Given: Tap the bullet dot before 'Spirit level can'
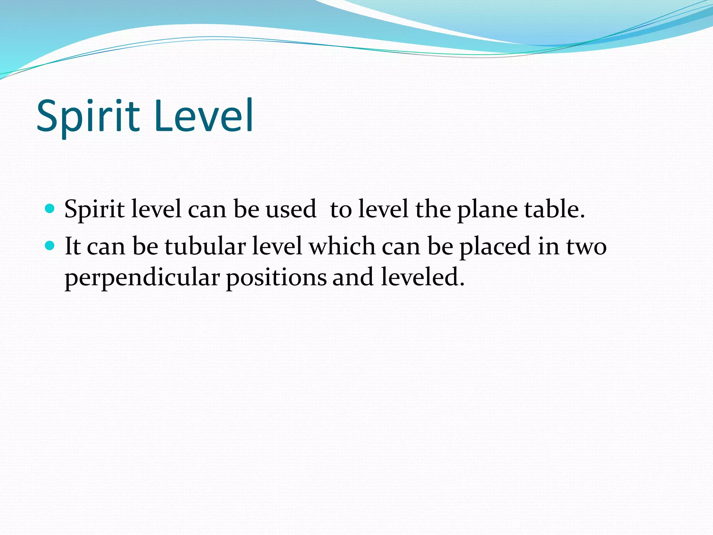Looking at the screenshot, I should click(50, 209).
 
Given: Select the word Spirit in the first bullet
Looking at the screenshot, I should click(94, 210).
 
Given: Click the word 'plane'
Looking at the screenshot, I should click(487, 210).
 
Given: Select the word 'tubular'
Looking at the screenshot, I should click(205, 246).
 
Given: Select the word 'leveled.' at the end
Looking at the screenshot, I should click(423, 277).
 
